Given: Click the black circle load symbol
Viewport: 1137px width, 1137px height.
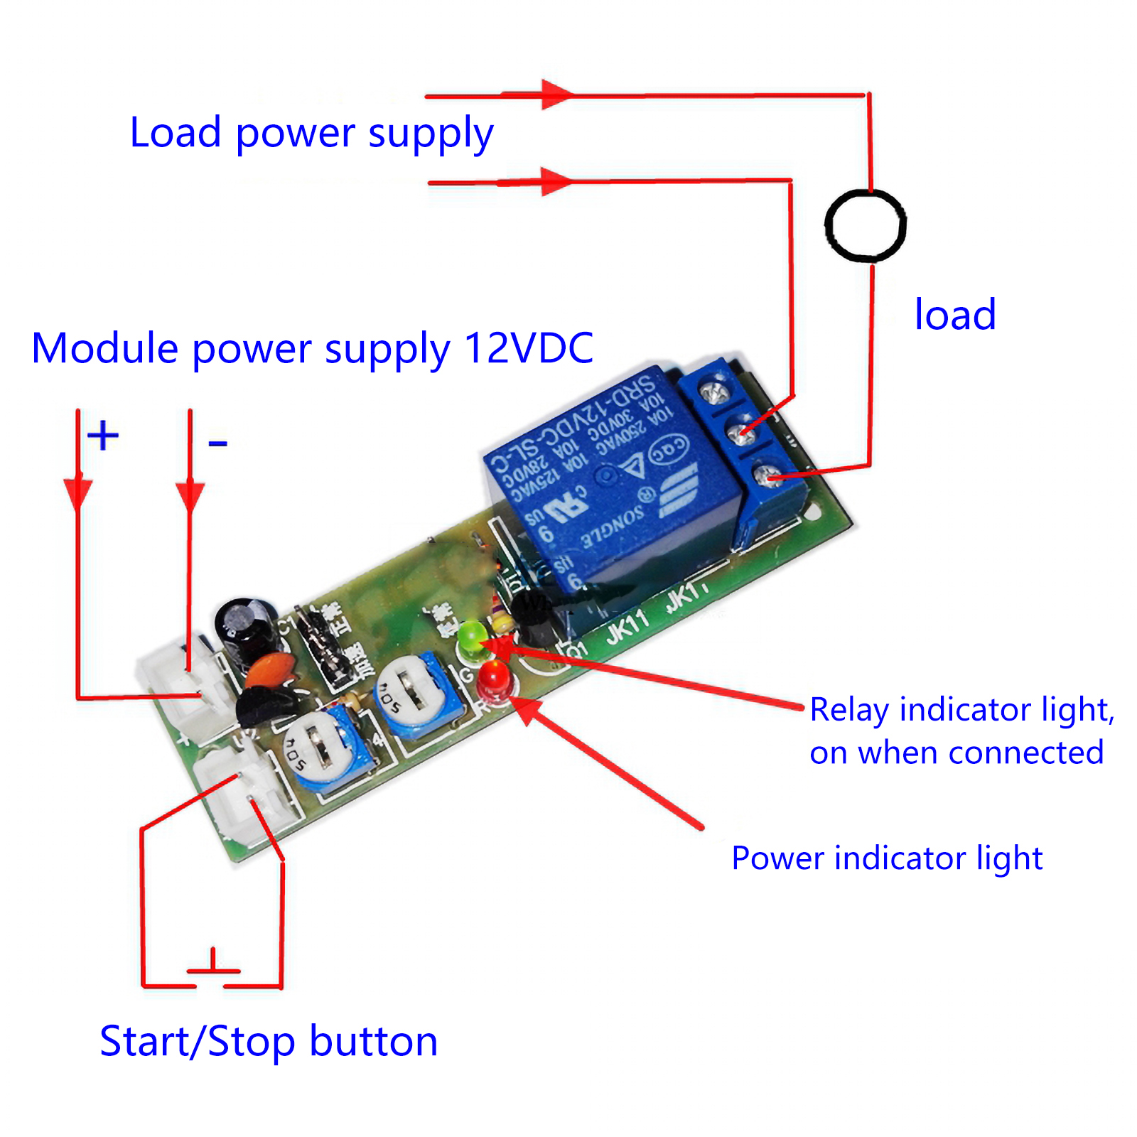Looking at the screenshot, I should pos(865,225).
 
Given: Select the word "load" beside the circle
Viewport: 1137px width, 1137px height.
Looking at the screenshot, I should pos(954,315).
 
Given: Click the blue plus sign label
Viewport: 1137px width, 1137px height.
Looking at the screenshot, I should pos(103,435).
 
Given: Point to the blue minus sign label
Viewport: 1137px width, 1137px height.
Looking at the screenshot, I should pos(217,444).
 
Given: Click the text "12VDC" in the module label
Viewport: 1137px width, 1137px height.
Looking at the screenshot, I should pos(529,348).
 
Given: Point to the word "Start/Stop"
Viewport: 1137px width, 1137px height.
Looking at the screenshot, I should pos(197,1042).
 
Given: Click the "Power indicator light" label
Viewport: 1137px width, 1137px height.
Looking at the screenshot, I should pos(886,858).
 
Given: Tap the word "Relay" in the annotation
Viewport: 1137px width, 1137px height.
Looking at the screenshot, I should pos(850,710).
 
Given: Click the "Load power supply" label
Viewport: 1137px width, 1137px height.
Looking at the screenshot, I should pos(311,133).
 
